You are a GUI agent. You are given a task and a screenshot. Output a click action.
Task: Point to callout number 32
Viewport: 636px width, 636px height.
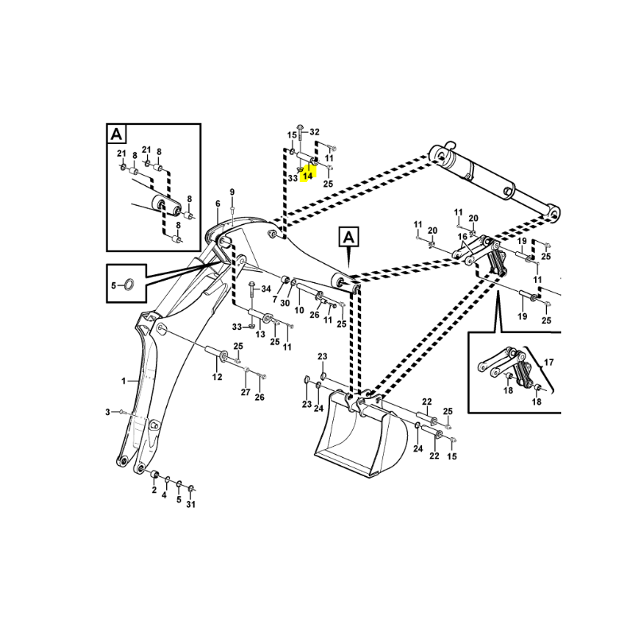point(315,132)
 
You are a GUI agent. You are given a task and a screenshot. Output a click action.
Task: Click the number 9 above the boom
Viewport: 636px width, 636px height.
point(232,192)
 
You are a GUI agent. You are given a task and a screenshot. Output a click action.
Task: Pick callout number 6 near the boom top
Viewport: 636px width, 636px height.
point(217,204)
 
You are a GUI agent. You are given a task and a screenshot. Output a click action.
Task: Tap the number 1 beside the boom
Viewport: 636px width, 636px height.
point(124,382)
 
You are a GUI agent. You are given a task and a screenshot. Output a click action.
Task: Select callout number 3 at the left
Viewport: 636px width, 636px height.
point(108,411)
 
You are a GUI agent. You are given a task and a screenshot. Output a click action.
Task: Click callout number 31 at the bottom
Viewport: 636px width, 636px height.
point(192,504)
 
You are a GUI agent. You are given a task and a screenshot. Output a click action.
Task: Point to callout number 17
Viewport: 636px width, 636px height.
point(547,363)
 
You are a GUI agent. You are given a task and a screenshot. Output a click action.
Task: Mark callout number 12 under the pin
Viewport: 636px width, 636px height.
point(217,377)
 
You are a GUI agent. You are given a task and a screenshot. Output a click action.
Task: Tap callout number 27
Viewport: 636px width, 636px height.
point(246,393)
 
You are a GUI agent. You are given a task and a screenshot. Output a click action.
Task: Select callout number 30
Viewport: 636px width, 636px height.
point(285,302)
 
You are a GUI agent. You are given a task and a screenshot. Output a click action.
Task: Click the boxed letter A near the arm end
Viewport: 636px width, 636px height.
point(349,236)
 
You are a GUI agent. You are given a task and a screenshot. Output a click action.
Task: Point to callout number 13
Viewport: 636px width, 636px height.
point(260,335)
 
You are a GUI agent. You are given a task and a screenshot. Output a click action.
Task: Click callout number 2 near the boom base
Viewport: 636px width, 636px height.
point(153,491)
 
